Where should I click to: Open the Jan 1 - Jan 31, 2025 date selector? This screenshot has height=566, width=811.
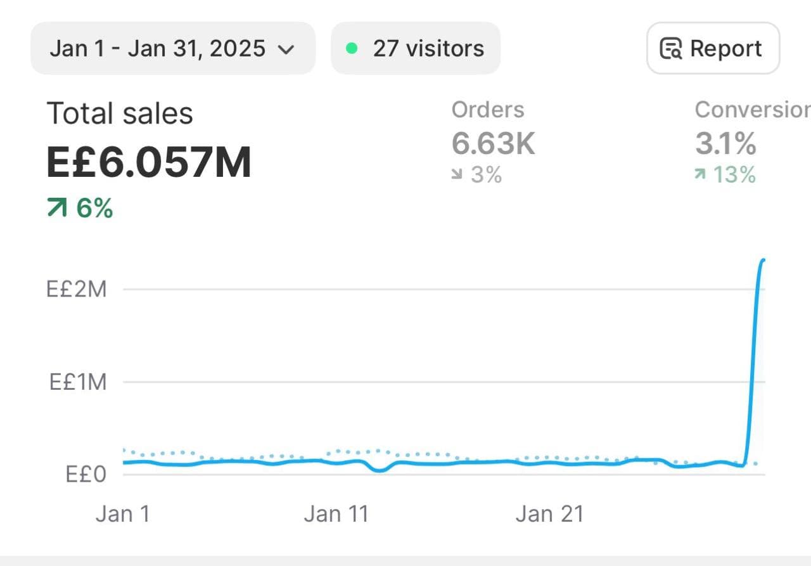click(158, 49)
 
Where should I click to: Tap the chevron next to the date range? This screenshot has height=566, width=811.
click(286, 49)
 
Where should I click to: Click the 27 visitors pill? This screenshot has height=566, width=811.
click(416, 49)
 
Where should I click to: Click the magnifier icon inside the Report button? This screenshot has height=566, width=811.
click(671, 49)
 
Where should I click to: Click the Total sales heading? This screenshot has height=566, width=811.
click(120, 114)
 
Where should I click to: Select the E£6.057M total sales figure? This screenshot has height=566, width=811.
click(149, 162)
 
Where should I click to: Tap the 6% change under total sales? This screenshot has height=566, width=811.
click(94, 208)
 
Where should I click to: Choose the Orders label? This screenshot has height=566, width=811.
click(488, 110)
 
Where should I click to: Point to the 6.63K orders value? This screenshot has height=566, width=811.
click(493, 144)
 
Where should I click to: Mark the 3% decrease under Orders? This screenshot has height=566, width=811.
click(485, 174)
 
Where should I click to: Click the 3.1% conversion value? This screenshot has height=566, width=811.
click(725, 144)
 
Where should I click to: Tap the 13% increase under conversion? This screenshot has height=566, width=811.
click(734, 174)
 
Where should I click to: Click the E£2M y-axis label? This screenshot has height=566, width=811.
click(77, 290)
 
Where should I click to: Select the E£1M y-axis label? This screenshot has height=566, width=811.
click(78, 382)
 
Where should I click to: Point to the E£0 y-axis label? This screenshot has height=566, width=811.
click(86, 474)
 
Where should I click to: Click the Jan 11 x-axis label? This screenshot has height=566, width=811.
click(336, 513)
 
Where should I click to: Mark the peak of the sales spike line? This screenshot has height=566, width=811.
click(763, 260)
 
